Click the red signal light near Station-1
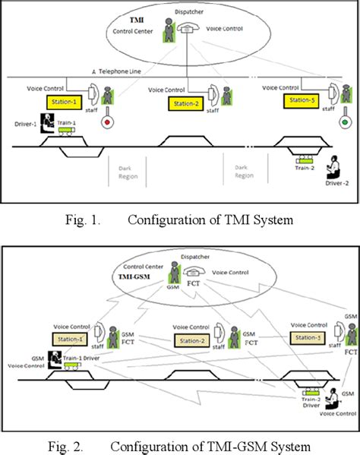click(x=107, y=122)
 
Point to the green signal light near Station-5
click(x=346, y=120)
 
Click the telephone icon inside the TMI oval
click(x=188, y=27)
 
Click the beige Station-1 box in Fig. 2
click(x=68, y=338)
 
